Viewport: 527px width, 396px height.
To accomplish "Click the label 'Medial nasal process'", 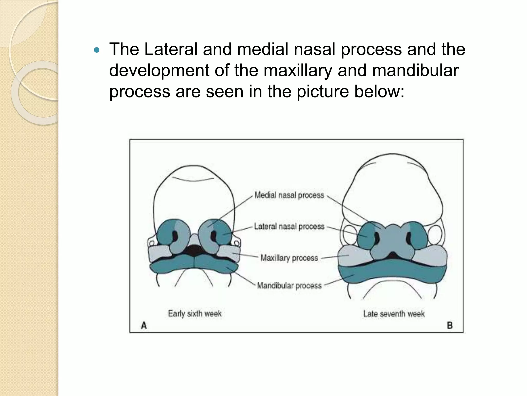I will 289,195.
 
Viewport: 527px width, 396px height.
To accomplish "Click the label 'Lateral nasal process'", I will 289,227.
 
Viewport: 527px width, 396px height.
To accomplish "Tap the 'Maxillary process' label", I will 289,258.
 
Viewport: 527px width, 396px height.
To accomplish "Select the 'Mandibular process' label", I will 289,286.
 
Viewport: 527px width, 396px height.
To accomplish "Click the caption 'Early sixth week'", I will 195,313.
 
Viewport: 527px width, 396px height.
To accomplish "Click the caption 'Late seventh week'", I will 394,314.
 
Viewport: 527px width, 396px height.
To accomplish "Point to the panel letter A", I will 144,326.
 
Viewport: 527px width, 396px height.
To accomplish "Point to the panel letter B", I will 450,326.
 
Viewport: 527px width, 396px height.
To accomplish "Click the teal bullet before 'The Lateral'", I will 96,50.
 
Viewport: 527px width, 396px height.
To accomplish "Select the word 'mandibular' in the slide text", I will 415,70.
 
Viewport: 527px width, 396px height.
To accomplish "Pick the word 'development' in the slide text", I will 159,71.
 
